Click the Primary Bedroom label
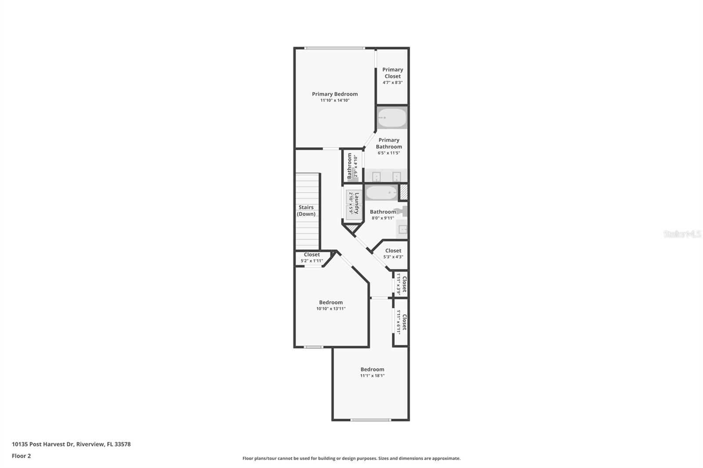point(335,94)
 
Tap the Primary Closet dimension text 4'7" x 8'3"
point(392,83)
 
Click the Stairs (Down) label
point(306,211)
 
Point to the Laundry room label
point(357,203)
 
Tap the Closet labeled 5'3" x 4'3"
point(393,254)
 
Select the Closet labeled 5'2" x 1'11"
point(312,258)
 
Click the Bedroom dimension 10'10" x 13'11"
point(331,309)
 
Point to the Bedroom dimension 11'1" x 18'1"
point(372,376)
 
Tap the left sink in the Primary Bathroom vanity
point(377,176)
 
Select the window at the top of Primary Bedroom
point(334,48)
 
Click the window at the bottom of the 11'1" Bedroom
point(370,420)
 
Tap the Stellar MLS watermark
point(682,234)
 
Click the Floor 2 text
point(21,456)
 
